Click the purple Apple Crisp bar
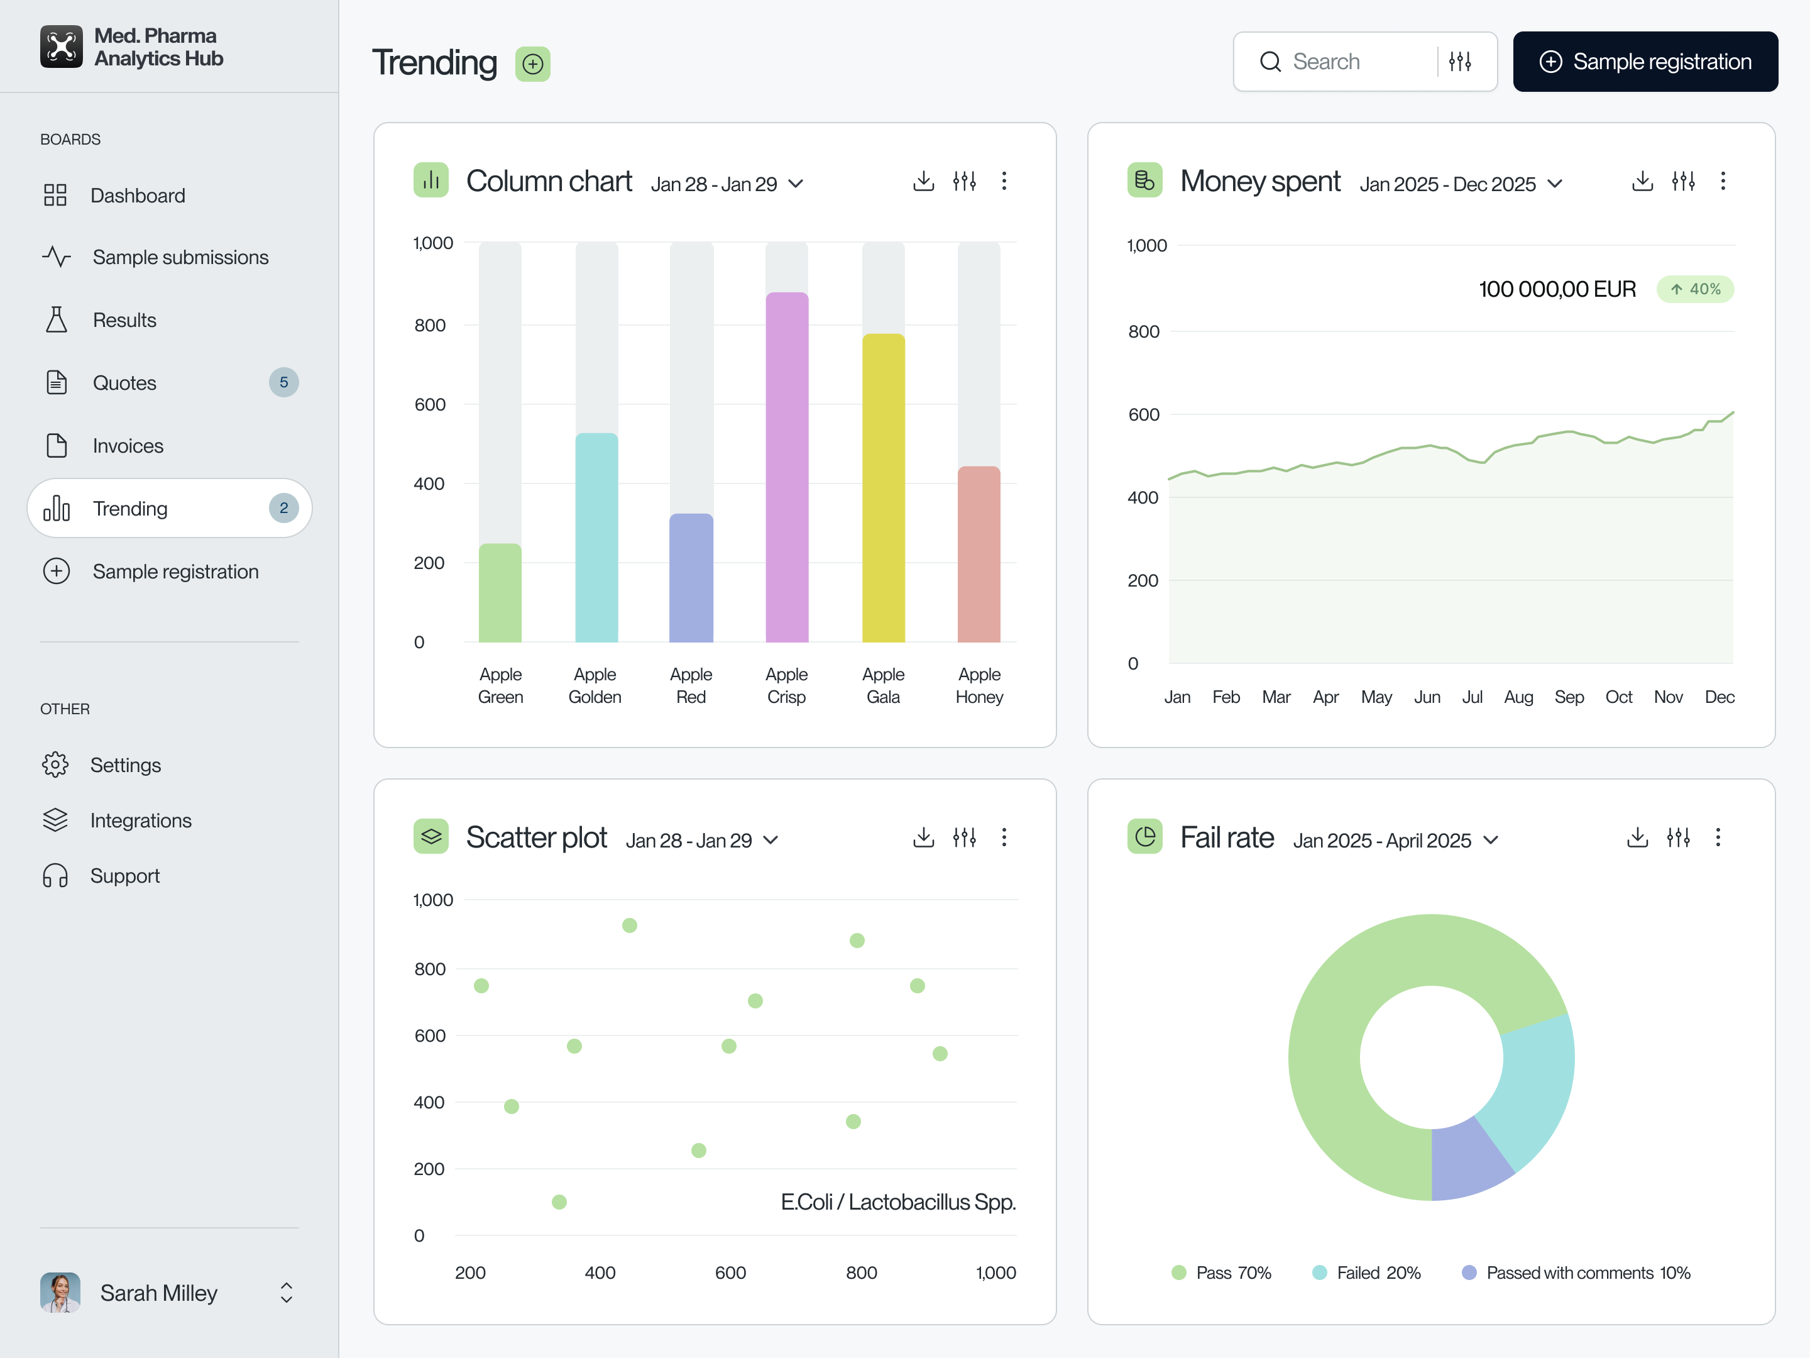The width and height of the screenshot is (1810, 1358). pos(786,466)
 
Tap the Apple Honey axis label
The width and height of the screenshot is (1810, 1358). pos(979,685)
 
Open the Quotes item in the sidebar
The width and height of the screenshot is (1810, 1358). pos(124,382)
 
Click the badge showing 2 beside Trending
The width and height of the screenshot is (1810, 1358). pos(283,507)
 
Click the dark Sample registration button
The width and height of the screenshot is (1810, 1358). pos(1645,62)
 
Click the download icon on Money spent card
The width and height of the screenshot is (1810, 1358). pos(1642,181)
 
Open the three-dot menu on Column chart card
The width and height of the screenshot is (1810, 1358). pos(1004,181)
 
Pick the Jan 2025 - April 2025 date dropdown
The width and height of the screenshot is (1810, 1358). pos(1395,840)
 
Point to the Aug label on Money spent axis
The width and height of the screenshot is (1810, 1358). pos(1518,697)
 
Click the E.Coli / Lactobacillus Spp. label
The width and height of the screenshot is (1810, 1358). pos(897,1201)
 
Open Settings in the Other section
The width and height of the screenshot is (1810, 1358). pos(125,765)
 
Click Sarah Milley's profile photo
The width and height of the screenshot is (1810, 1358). pos(60,1293)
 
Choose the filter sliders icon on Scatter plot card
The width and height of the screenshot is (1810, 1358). pos(964,837)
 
